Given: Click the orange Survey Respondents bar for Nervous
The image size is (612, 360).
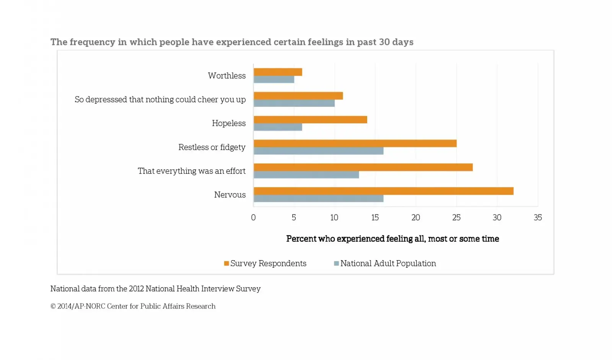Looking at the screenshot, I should point(383,191).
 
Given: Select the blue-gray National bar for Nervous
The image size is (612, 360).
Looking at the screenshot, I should point(318,199).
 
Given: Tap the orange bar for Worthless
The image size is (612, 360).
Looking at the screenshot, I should point(278,72).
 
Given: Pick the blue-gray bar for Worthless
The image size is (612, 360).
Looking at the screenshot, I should point(274,80).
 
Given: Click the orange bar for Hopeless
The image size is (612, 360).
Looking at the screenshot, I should point(310,120).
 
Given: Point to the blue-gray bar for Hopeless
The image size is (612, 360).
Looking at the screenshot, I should point(278,127).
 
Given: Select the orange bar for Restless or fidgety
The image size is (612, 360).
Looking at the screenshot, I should point(355,143).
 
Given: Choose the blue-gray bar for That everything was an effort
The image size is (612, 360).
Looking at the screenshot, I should point(306,175).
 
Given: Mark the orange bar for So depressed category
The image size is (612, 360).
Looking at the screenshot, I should point(298,96).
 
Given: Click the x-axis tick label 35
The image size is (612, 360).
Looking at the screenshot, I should point(537,218).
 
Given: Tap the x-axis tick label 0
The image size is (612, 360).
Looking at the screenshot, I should point(253,218).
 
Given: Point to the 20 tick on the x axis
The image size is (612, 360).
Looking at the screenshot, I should point(415,218).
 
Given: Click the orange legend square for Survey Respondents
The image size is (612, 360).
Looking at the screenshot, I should point(226,264).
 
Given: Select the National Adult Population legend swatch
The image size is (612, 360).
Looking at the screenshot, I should point(336,264).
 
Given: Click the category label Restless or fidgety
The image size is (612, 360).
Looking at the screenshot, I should point(212,147).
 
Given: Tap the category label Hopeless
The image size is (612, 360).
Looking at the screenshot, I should point(229,123).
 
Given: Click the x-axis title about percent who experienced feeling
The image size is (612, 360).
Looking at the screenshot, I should point(392,239).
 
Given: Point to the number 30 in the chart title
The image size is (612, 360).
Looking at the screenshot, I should point(384,42).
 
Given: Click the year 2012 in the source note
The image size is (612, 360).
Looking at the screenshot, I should point(136,289).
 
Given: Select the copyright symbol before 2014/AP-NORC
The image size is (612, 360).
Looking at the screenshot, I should point(53,306).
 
